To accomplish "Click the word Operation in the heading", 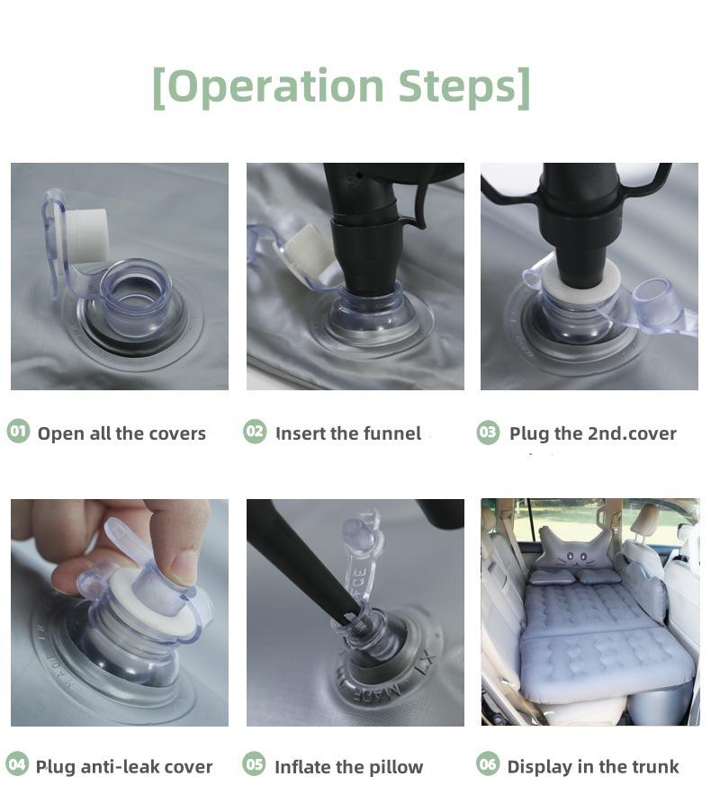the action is click(x=275, y=86).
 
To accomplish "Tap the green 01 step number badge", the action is click(x=19, y=432).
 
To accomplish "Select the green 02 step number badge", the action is click(x=255, y=432).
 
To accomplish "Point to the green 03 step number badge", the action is click(x=488, y=433).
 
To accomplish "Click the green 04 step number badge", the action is click(x=18, y=764).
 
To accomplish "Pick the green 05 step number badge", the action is click(x=254, y=764).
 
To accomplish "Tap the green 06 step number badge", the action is click(x=488, y=764).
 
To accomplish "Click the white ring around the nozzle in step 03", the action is click(x=580, y=282).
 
